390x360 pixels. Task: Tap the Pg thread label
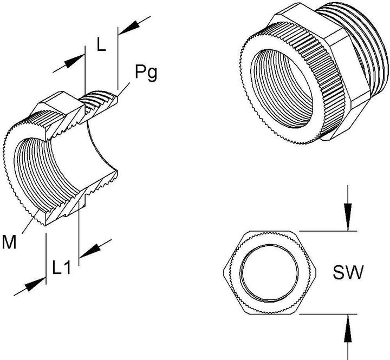click(x=146, y=73)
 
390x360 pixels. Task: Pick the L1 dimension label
click(x=63, y=267)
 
